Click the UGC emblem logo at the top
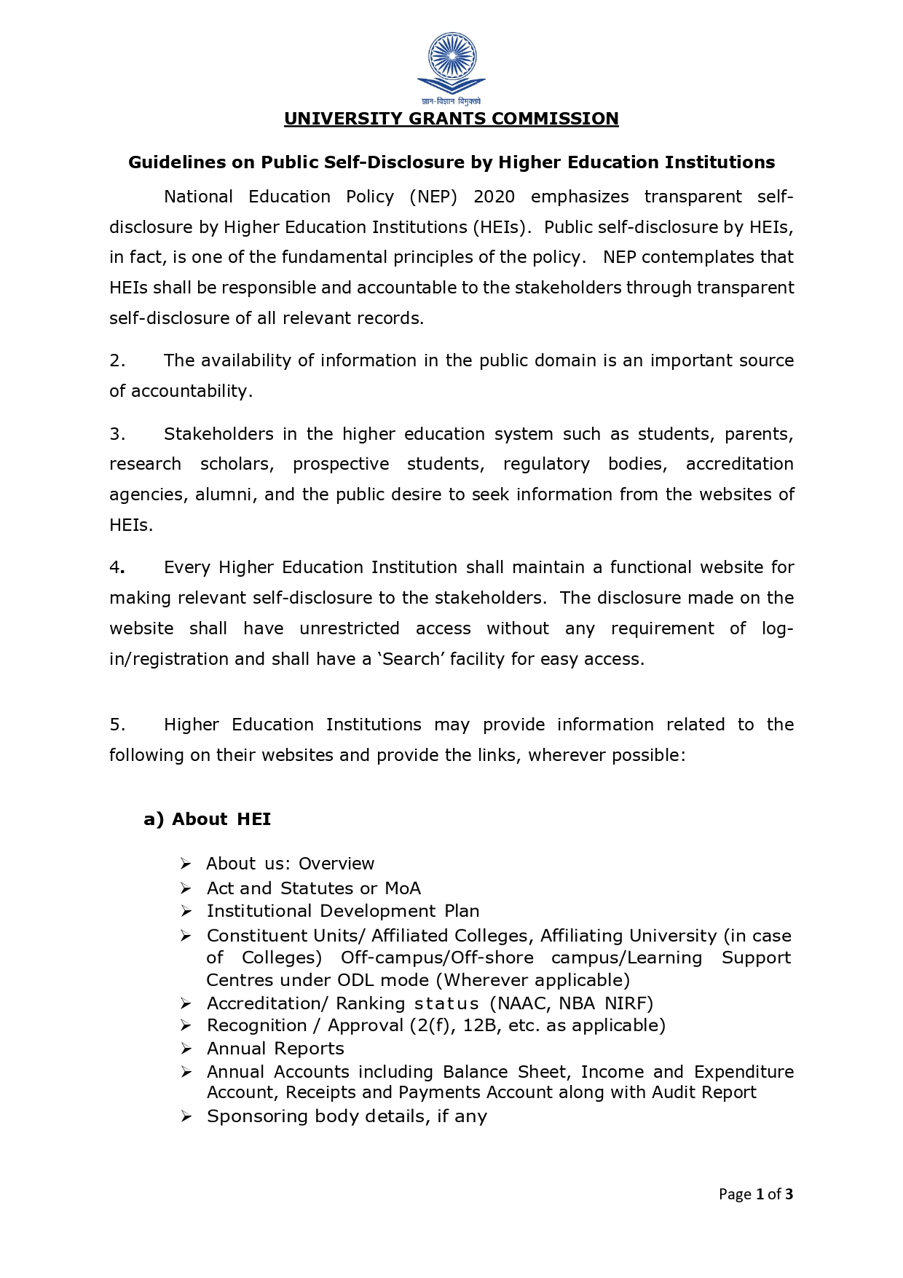pyautogui.click(x=451, y=64)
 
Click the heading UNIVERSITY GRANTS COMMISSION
pyautogui.click(x=451, y=119)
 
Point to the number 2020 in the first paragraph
pyautogui.click(x=494, y=197)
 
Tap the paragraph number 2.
pyautogui.click(x=117, y=360)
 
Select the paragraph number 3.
pyautogui.click(x=117, y=434)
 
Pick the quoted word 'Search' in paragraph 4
pyautogui.click(x=411, y=659)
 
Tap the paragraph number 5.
pyautogui.click(x=117, y=725)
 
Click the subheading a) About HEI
pyautogui.click(x=208, y=819)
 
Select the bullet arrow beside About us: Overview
pyautogui.click(x=186, y=864)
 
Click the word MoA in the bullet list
pyautogui.click(x=403, y=888)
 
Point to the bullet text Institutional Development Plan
pyautogui.click(x=343, y=911)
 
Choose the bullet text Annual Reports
pyautogui.click(x=275, y=1049)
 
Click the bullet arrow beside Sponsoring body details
pyautogui.click(x=186, y=1117)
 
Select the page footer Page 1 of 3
pyautogui.click(x=755, y=1194)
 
